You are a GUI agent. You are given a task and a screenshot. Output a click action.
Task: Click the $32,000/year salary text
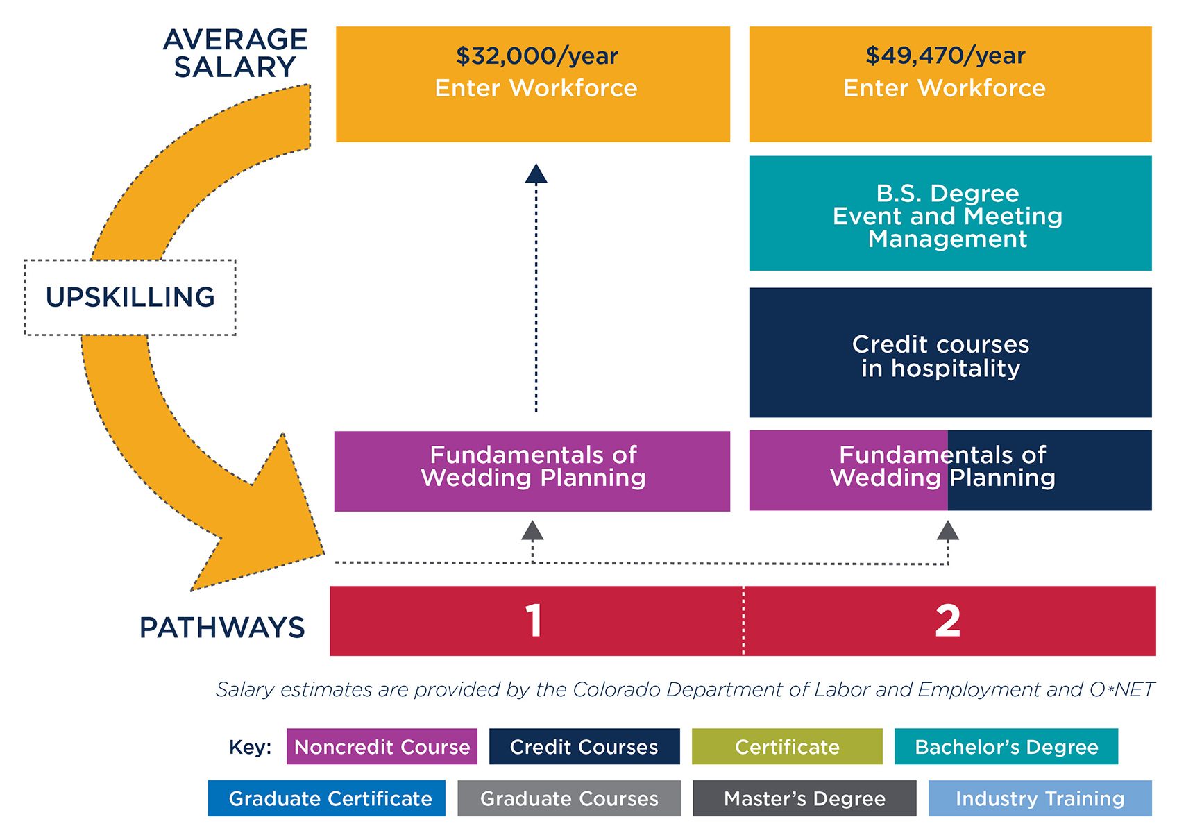point(536,56)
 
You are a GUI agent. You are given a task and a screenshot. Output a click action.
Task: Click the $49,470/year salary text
point(945,56)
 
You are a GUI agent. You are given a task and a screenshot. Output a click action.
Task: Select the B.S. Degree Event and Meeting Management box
point(949,214)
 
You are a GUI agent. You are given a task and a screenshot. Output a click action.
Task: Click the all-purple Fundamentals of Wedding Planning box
point(532,471)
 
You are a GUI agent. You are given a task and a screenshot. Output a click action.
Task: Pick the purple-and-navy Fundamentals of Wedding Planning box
point(949,471)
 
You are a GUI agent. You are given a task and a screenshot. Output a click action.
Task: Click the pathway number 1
point(534,621)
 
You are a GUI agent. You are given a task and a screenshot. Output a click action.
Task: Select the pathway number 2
point(947,621)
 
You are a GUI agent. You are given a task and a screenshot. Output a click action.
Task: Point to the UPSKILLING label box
point(130,297)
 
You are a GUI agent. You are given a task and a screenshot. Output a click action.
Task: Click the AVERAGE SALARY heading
point(235,53)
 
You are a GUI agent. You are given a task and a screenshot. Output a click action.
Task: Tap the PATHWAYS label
point(222,628)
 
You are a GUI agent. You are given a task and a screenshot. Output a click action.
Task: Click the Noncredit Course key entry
point(382,747)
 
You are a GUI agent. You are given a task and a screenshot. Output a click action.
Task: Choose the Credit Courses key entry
point(584,747)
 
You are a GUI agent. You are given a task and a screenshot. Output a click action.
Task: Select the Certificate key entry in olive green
point(787,747)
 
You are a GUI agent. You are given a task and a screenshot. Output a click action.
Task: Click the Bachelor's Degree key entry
point(1006,747)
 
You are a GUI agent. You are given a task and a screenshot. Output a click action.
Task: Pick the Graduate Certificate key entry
point(327,798)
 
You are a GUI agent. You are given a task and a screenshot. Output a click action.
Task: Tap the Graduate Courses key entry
point(569,798)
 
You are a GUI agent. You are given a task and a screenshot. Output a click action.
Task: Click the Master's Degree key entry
point(804,798)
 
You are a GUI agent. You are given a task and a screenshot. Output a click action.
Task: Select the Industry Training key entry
point(1040,798)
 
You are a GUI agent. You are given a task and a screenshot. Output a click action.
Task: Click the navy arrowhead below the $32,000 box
point(536,174)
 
